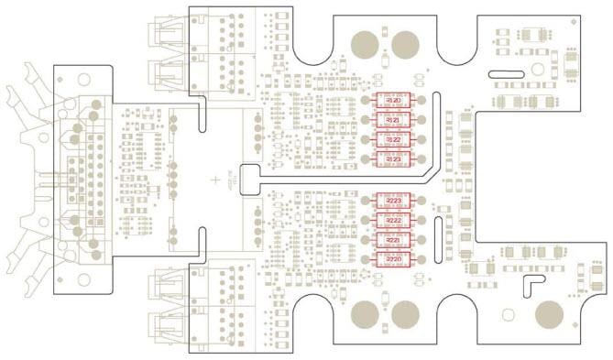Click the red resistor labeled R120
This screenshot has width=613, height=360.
point(394,100)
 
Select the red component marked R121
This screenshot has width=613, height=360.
point(394,120)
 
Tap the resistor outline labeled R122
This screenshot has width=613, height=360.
point(394,140)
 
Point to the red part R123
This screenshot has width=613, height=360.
point(394,160)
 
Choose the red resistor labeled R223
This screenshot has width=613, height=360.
point(395,201)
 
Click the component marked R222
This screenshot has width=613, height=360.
point(395,221)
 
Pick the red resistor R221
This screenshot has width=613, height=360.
point(395,241)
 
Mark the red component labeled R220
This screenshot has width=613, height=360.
point(395,261)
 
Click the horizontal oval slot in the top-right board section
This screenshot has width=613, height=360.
point(505,70)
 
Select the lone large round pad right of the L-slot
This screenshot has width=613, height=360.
point(549,314)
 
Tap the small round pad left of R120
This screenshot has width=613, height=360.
point(365,100)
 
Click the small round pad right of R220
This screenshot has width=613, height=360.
point(424,261)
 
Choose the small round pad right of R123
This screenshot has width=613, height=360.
point(423,160)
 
